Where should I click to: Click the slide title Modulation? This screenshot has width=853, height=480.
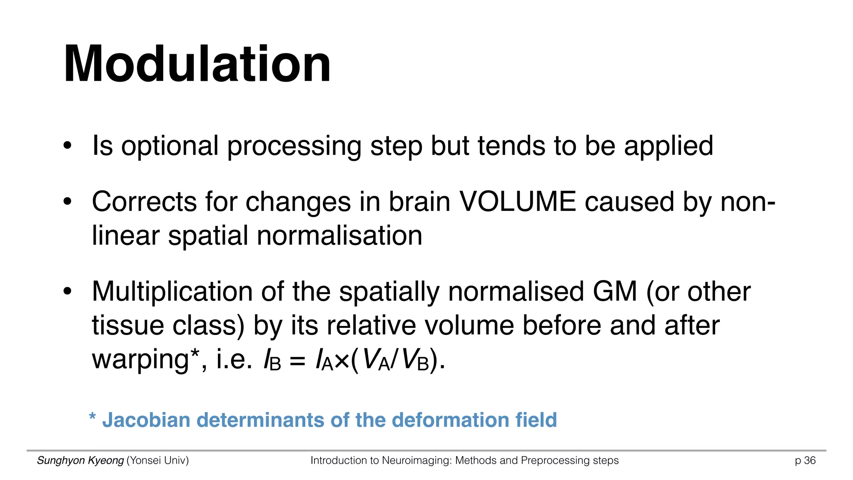pos(197,65)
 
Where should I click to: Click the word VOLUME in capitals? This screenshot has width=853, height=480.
pos(518,202)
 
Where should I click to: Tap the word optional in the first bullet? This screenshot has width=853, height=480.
pos(170,146)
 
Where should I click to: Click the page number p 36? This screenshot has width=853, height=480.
pos(805,460)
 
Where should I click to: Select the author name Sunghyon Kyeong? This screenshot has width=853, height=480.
pos(80,460)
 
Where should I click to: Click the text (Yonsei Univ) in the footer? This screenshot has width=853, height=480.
pos(157,460)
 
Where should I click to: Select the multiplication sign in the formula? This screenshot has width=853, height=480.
pos(342,361)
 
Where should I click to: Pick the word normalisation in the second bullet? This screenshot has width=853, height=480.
pos(339,236)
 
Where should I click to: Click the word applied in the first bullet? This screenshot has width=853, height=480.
pos(668,146)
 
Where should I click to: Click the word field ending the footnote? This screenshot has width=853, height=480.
pos(536,420)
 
